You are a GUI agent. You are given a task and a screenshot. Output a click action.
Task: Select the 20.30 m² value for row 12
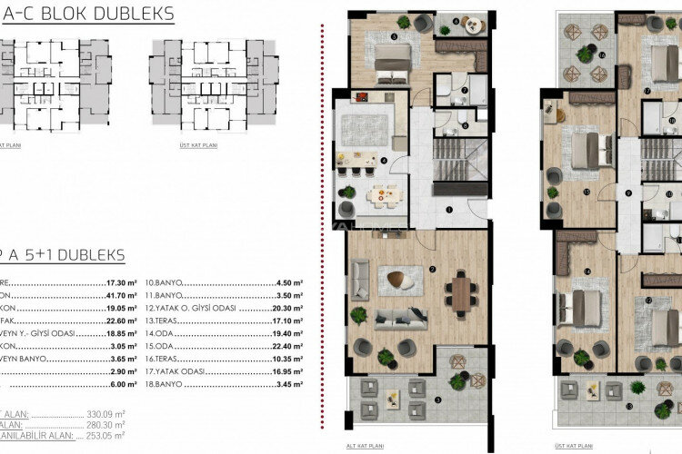coord(288,308)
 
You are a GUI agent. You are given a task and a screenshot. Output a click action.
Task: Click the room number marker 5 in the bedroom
coord(393,36)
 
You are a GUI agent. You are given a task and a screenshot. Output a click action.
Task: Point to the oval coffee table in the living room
coord(395,280)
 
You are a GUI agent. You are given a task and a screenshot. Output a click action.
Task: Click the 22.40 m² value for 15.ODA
coord(288,347)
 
